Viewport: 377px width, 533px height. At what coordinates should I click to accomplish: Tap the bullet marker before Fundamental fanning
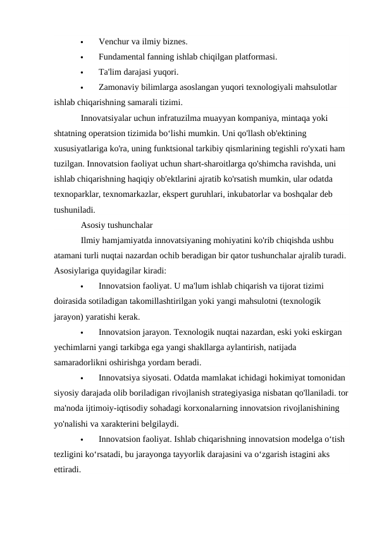pos(82,57)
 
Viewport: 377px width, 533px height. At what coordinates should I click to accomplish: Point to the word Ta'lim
pos(110,72)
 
